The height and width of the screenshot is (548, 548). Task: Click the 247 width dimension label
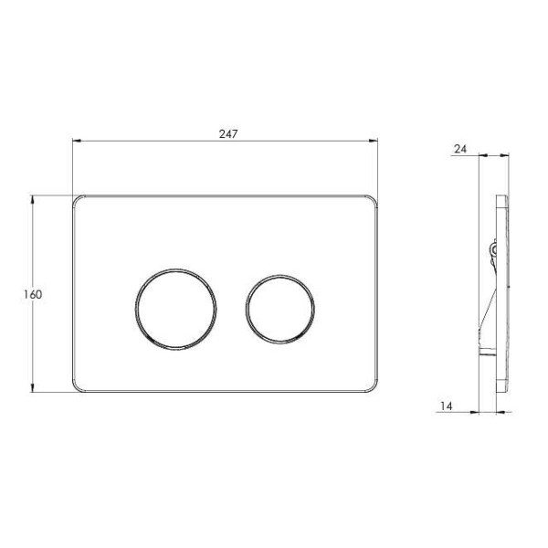pyautogui.click(x=228, y=134)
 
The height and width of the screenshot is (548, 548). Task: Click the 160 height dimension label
pyautogui.click(x=33, y=295)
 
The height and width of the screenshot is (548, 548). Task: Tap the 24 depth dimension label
pyautogui.click(x=460, y=149)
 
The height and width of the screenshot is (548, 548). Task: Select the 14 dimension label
pyautogui.click(x=446, y=406)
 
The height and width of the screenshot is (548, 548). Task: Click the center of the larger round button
pyautogui.click(x=175, y=310)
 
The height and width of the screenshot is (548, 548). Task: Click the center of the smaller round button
pyautogui.click(x=280, y=310)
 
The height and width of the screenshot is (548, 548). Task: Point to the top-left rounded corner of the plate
pyautogui.click(x=77, y=200)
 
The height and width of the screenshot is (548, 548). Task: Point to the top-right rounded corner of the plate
pyautogui.click(x=374, y=200)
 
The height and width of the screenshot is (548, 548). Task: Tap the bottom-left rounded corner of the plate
pyautogui.click(x=77, y=387)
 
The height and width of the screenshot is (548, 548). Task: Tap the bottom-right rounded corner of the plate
pyautogui.click(x=374, y=387)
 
